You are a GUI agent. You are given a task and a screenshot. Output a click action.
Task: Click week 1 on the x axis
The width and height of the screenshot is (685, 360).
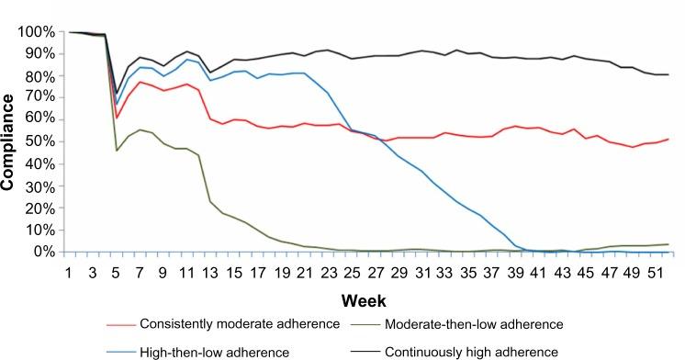(69, 273)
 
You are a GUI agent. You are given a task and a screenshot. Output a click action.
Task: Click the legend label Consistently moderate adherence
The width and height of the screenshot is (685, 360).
(228, 324)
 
